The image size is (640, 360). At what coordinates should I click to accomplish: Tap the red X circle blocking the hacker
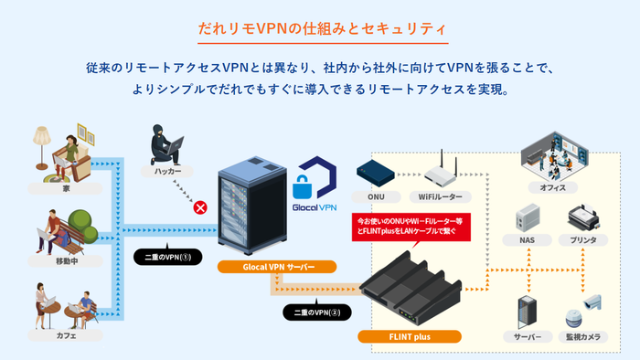pyautogui.click(x=197, y=207)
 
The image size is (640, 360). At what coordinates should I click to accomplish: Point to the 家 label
pyautogui.click(x=66, y=188)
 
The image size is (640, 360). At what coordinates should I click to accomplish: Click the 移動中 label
pyautogui.click(x=66, y=261)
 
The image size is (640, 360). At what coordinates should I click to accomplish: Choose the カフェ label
pyautogui.click(x=66, y=335)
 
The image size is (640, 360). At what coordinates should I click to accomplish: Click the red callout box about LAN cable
pyautogui.click(x=411, y=227)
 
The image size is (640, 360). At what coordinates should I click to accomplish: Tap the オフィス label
pyautogui.click(x=553, y=187)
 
